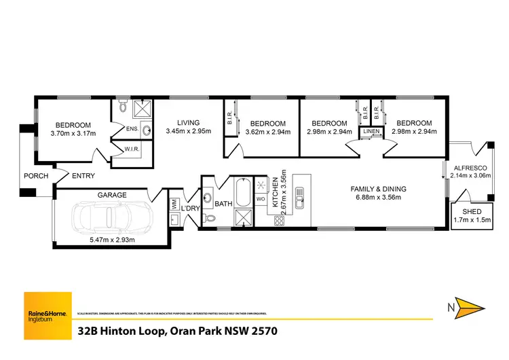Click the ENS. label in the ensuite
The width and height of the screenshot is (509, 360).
point(132,128)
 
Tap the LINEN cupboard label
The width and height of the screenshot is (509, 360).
point(371,131)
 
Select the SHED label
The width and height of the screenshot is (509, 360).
point(471,212)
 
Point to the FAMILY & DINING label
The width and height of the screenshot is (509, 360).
point(376,188)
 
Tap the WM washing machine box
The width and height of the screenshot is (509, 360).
point(174,202)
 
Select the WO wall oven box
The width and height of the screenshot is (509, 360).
point(261,199)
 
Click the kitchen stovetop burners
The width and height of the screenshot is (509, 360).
point(278,220)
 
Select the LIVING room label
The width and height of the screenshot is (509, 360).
point(188,123)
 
